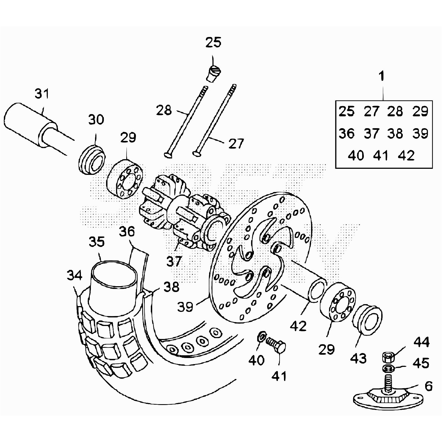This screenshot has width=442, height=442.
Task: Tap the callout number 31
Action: point(42,94)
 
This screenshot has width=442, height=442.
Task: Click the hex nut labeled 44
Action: point(388,357)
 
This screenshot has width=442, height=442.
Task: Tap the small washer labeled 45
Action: point(388,368)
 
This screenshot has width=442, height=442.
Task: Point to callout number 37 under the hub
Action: point(174,261)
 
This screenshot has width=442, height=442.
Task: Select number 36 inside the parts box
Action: point(346,133)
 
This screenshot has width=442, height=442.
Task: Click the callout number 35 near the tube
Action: point(97,241)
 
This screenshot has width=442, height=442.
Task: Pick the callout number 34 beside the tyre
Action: point(74,275)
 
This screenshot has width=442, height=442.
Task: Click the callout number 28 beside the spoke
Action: point(164,111)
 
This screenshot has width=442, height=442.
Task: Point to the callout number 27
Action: point(236,144)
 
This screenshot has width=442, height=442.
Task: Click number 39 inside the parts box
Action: point(420,133)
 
